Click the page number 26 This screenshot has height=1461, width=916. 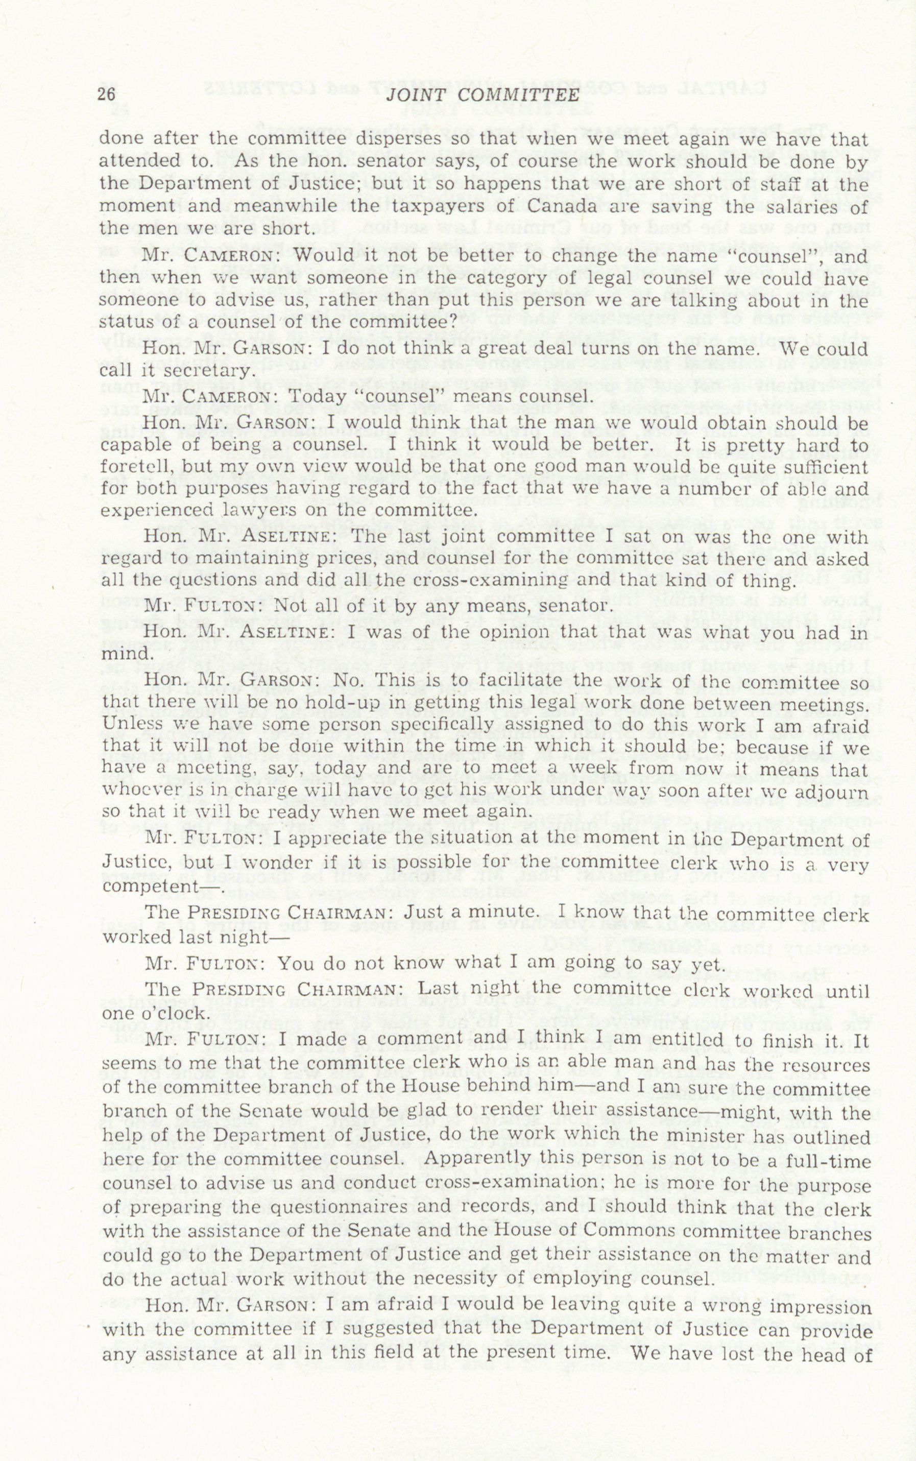(107, 94)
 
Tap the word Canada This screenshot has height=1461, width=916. (555, 206)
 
